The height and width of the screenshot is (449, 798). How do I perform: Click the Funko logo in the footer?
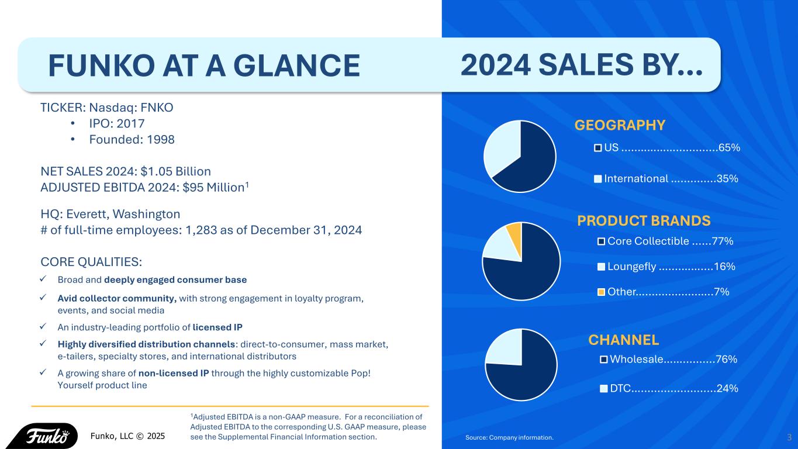point(44,436)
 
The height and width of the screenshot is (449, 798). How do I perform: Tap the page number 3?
point(789,437)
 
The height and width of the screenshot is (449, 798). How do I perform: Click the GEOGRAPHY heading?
point(620,126)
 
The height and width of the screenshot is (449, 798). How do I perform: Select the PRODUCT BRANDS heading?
point(644,221)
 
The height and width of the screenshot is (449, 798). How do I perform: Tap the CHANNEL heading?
point(623,340)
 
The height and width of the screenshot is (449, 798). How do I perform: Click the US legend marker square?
point(597,148)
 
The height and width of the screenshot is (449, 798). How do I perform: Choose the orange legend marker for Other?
point(601,292)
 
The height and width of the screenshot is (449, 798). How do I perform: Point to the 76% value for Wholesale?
point(726,360)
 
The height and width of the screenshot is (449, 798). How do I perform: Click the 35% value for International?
point(727,179)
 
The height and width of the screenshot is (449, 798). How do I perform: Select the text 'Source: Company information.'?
point(509,437)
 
